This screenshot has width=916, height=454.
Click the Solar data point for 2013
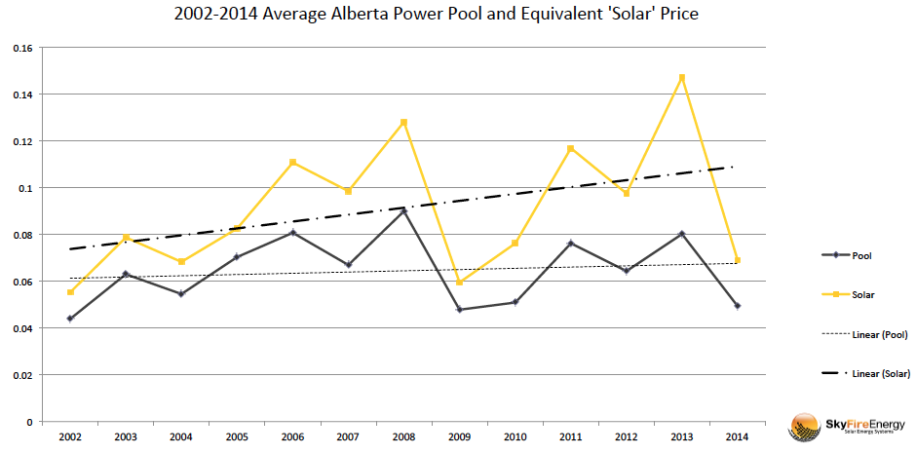pos(682,77)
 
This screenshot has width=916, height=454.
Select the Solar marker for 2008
pos(403,122)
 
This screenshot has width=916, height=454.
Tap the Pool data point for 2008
pos(403,210)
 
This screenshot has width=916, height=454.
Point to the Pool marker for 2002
pos(70,319)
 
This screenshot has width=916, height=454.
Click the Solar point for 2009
pos(459,283)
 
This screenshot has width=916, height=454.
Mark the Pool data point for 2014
pos(738,306)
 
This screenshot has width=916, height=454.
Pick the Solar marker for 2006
pos(292,162)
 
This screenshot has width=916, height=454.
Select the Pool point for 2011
pos(571,244)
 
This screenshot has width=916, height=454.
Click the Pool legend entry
pos(860,255)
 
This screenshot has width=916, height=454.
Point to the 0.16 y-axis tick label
pos(20,48)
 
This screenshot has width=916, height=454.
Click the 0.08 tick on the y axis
pos(20,235)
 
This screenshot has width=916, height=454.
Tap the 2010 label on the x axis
pos(515,437)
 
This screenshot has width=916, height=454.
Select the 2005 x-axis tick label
pos(237,437)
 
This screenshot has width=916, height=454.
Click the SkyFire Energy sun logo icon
pos(805,429)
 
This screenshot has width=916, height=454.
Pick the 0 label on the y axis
pos(29,422)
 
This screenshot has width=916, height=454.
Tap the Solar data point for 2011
pos(571,148)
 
